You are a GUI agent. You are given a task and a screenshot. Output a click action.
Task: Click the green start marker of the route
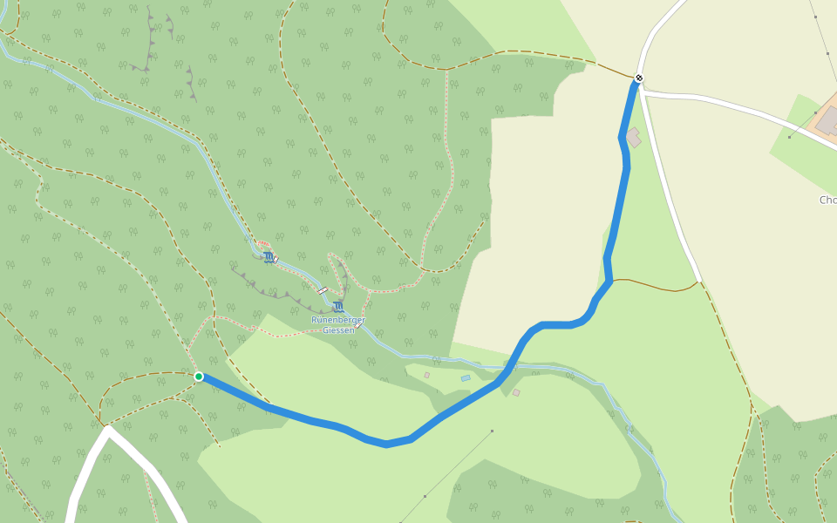coord(199,377)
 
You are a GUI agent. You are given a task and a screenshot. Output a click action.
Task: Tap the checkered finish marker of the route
coord(639,78)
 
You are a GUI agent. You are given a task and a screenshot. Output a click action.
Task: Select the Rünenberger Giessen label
coord(338,325)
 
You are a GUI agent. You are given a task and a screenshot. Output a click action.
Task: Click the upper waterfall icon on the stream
coord(269,257)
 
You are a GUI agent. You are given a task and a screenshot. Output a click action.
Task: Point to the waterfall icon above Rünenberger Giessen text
coord(337,306)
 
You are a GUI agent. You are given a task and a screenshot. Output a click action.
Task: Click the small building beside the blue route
coord(633,138)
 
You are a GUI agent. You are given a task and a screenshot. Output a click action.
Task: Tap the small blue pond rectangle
coord(466,378)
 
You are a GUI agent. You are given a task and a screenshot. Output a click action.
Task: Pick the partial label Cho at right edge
coord(827,200)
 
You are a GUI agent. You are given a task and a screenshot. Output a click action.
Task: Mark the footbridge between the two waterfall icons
coord(323,290)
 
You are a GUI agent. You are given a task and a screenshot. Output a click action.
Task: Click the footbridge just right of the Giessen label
coord(358,325)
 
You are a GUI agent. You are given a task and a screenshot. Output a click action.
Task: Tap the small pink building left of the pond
coord(427,375)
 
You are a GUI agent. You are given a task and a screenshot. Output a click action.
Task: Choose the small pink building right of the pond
coord(516,393)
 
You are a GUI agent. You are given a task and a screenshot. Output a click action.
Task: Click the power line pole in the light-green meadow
coord(492,431)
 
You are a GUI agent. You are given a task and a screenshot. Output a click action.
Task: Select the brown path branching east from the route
coord(654,286)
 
